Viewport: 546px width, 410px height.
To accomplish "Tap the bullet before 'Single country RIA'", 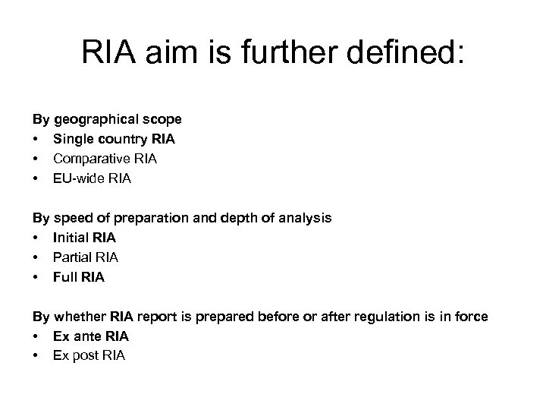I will [x=35, y=139].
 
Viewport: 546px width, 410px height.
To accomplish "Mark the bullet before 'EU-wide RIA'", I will [x=35, y=178].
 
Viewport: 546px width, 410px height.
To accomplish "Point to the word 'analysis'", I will [x=306, y=218].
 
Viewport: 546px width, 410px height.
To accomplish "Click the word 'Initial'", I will [x=69, y=238].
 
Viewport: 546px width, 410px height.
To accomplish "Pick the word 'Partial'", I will [x=71, y=257].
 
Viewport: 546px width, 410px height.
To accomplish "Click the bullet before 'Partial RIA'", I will [x=35, y=257].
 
